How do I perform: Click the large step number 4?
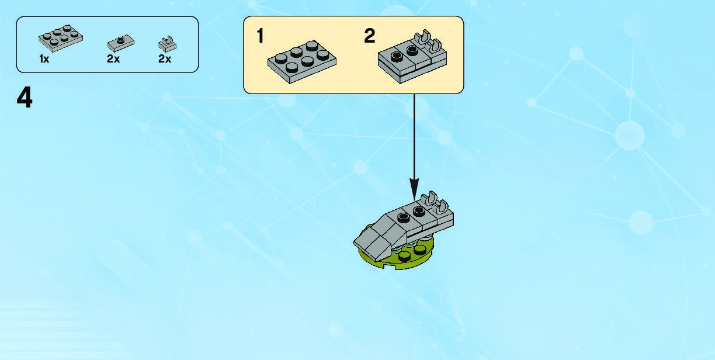point(25,98)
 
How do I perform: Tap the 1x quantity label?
point(44,59)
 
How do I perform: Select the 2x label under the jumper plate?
point(113,59)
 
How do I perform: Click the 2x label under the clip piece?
point(165,59)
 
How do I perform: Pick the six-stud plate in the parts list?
point(60,37)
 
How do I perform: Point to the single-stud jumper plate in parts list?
point(121,43)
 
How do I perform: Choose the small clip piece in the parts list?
point(168,43)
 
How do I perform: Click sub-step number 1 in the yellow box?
point(260,36)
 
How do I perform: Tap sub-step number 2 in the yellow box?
point(369,36)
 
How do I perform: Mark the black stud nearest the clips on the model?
point(418,211)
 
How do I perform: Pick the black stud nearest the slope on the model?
point(403,218)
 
